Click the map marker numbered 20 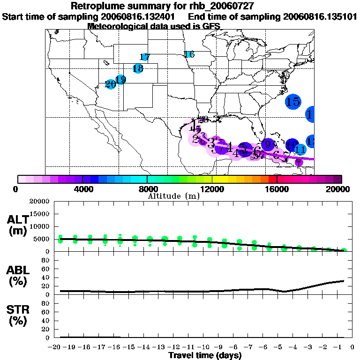111,84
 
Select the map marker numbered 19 120,80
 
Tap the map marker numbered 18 138,68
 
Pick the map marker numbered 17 145,57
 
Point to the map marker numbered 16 189,54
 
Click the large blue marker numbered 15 293,101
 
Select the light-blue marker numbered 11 300,150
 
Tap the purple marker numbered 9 268,144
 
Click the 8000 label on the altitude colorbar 147,189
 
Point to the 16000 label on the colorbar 277,189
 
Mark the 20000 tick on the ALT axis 39,202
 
